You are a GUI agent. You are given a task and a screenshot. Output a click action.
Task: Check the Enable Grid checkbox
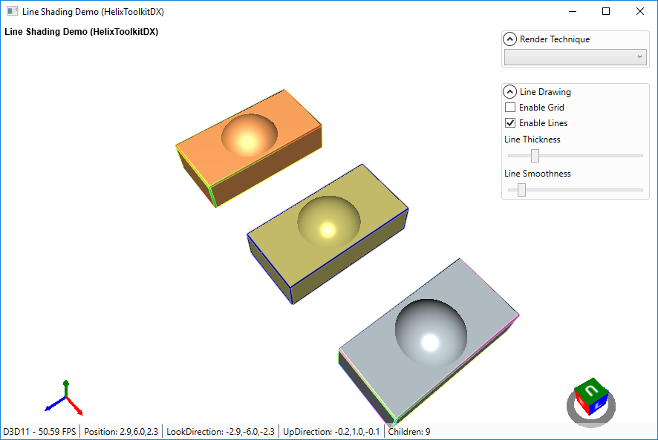(510, 108)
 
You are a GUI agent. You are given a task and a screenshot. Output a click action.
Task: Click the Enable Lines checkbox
(510, 123)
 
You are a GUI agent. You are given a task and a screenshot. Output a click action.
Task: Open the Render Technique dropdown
(576, 57)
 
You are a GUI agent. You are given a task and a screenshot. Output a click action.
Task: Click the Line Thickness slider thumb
(535, 156)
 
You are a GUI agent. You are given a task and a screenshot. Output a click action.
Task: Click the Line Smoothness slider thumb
(521, 190)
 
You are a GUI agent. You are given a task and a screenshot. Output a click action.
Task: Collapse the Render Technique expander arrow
(510, 39)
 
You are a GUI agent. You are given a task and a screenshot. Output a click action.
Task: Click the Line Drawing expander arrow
(510, 92)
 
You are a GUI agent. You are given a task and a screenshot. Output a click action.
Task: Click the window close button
(640, 11)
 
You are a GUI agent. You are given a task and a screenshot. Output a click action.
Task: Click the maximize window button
(606, 11)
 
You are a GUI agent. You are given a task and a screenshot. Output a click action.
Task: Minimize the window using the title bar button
(572, 11)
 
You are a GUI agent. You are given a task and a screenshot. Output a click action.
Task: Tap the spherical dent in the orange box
(249, 136)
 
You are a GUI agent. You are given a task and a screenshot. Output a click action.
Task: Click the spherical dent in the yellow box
(328, 222)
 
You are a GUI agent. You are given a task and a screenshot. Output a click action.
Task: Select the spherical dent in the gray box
(431, 329)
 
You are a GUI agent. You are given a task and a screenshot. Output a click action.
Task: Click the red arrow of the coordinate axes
(76, 409)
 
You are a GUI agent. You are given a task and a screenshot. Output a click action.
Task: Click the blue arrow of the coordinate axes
(51, 406)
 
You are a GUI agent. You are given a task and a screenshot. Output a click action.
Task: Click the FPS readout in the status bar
(40, 431)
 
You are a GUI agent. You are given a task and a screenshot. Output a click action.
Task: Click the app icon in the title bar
(12, 11)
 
